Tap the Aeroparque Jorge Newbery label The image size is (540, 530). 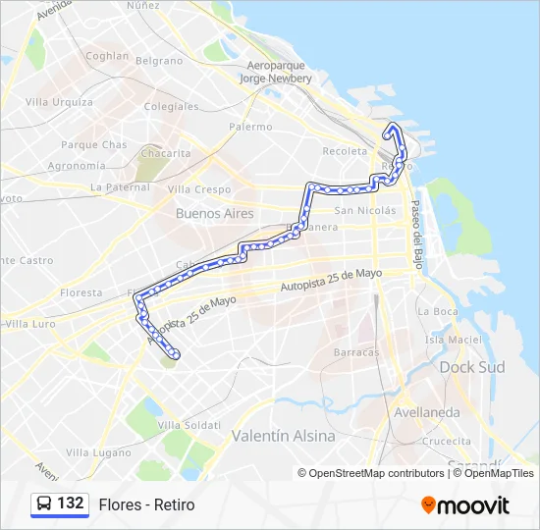coord(274,72)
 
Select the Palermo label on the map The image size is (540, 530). coord(250,127)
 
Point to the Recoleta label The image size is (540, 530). coord(345,151)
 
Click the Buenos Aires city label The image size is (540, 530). coord(214,213)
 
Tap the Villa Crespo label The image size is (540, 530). coord(199,189)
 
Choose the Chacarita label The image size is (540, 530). coord(166,153)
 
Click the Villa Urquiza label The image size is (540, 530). coord(59,102)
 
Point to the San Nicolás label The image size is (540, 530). coord(365,211)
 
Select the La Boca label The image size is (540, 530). coord(437,311)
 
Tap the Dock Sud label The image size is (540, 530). coord(471,367)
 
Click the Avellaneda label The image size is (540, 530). coord(426,412)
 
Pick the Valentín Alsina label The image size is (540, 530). coord(283,435)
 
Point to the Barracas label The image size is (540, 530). coord(355,352)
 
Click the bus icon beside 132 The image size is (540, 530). coord(44,503)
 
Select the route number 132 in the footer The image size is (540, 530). coord(71,503)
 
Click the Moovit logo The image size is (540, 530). coord(465,504)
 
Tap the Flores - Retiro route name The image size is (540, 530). coord(146,504)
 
